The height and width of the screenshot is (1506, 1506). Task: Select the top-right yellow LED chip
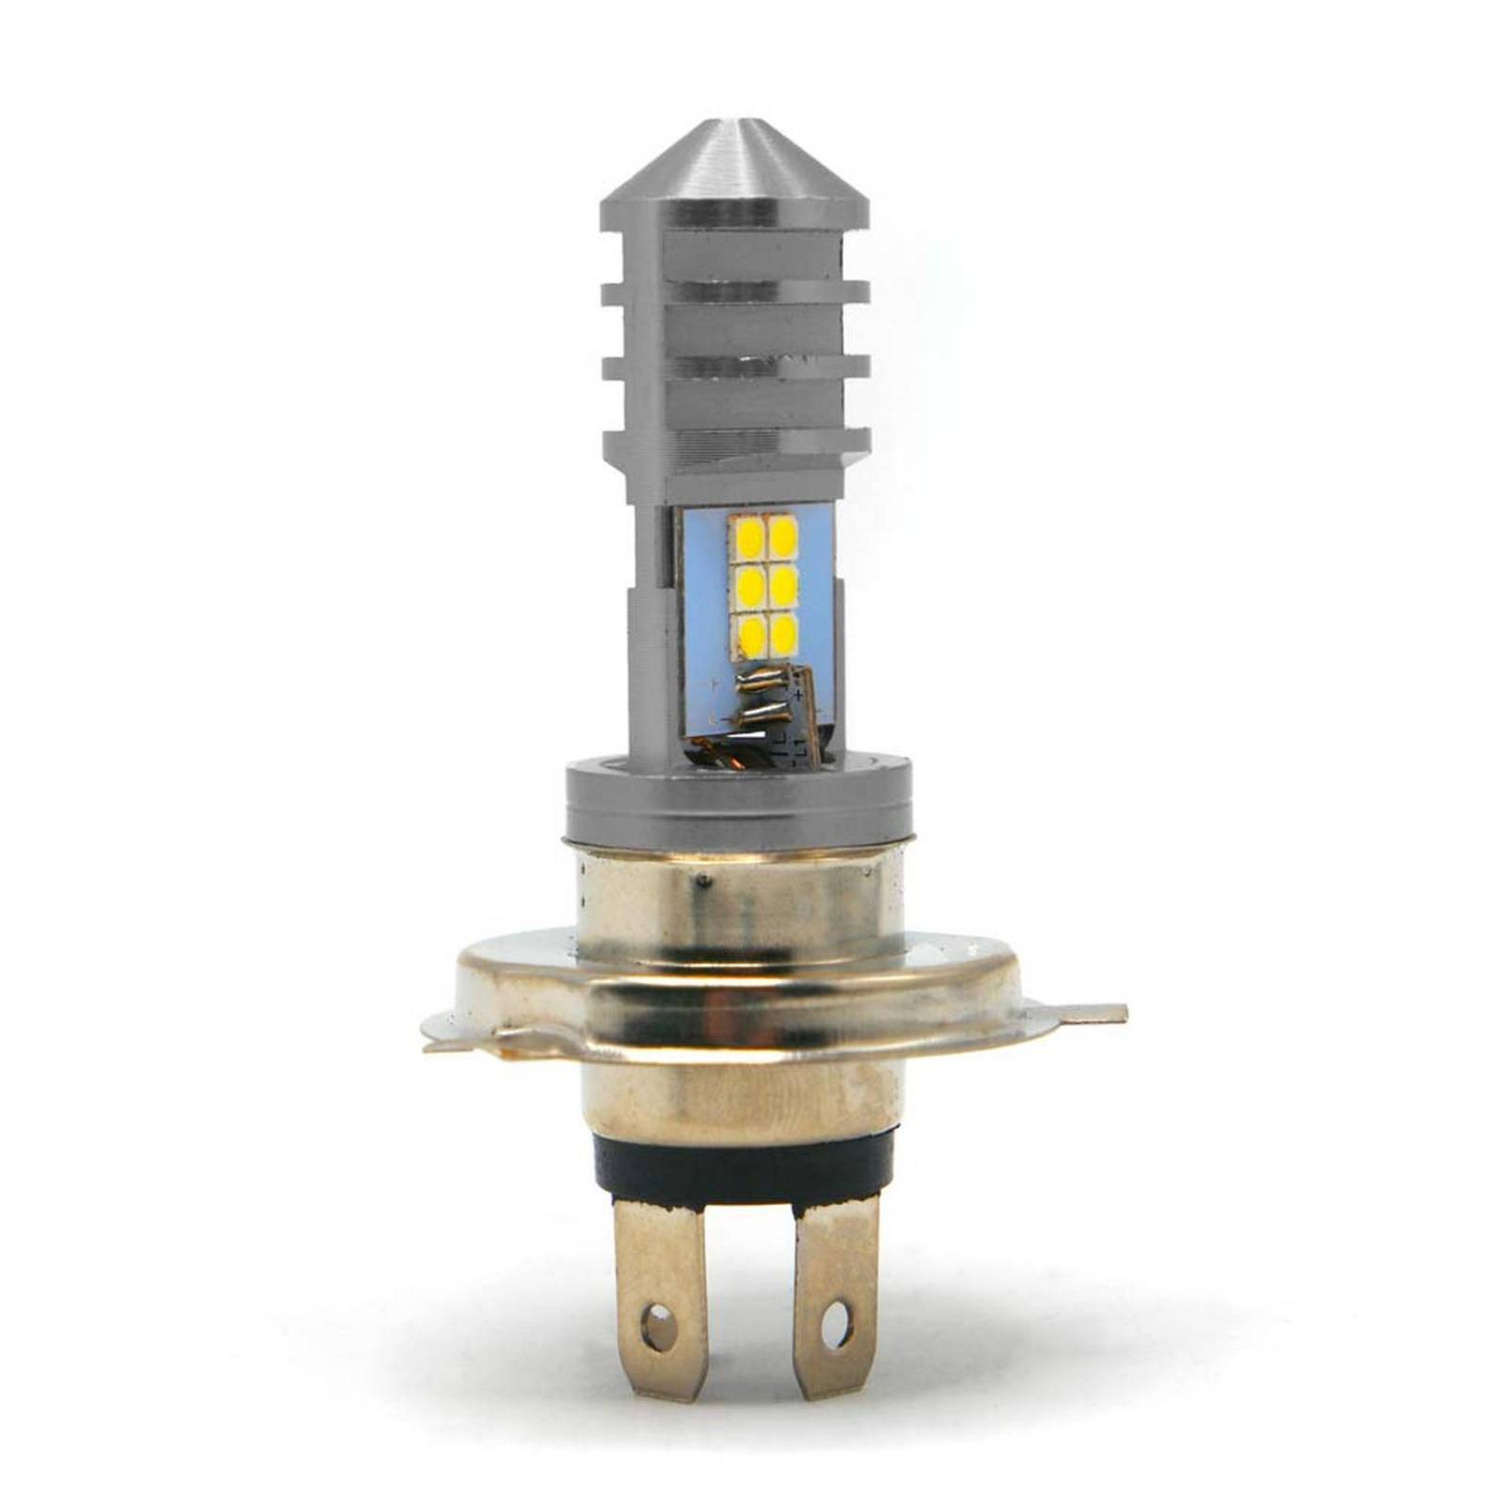pos(785,537)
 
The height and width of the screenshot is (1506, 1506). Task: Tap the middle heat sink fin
pos(734,367)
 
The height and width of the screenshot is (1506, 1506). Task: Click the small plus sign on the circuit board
pos(799,694)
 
